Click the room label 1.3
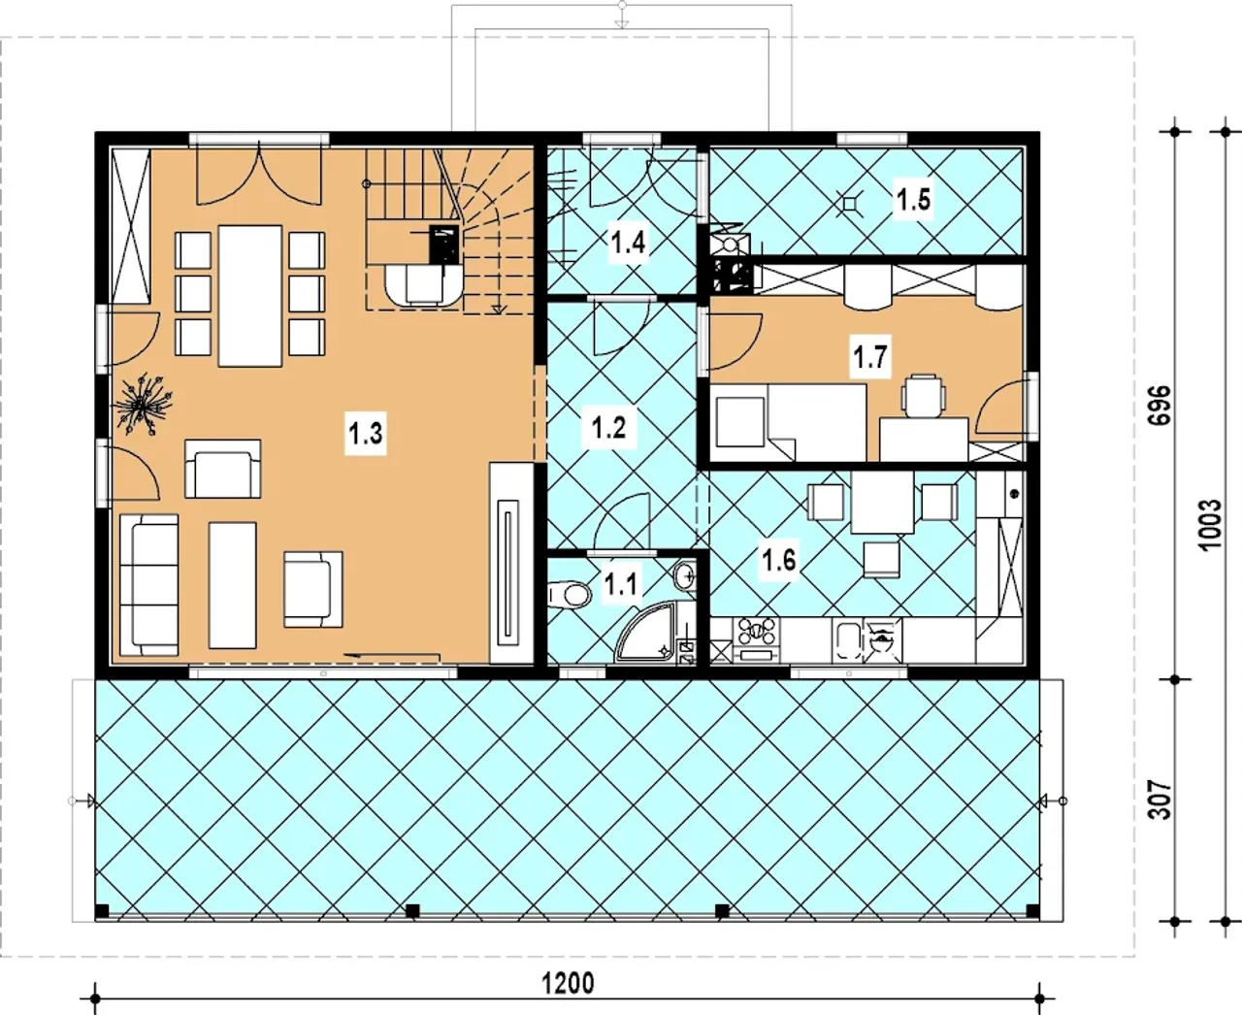pos(366,434)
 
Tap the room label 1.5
pos(913,199)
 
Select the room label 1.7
pos(869,356)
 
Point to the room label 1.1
pos(621,584)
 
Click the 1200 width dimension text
pos(568,984)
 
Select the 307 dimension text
pos(1160,800)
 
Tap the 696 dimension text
pos(1160,405)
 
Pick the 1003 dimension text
pos(1211,525)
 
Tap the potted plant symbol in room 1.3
pos(143,405)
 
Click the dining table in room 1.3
pos(249,296)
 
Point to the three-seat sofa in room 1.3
pos(149,585)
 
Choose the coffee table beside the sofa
pos(233,585)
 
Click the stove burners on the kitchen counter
pos(757,631)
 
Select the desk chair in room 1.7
pos(923,396)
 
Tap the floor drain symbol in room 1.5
pos(849,204)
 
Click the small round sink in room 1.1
pos(685,575)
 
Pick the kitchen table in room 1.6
pos(882,503)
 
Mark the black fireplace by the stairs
pos(444,244)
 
